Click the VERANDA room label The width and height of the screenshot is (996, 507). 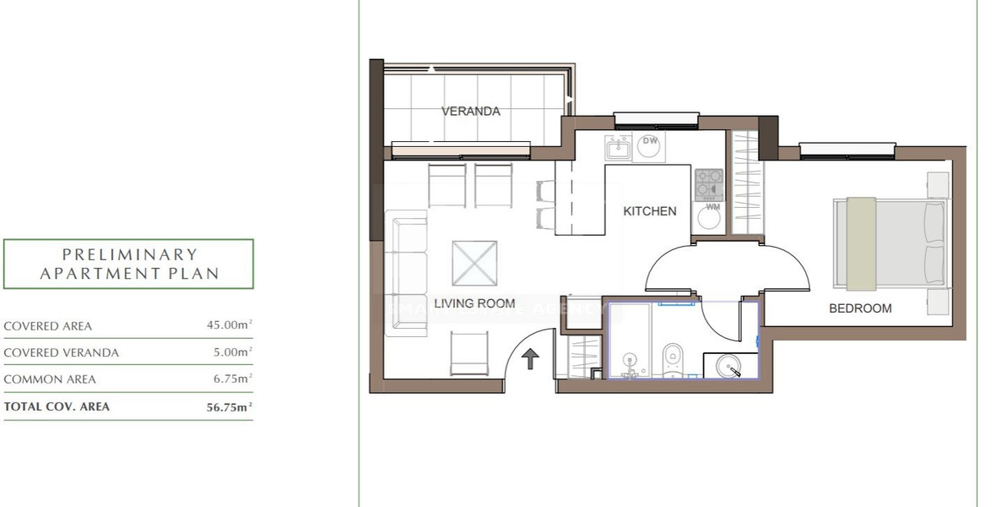471,111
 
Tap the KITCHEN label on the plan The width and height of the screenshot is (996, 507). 649,211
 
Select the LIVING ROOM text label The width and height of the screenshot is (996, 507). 474,303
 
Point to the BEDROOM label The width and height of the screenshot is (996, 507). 860,308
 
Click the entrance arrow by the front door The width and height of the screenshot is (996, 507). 530,360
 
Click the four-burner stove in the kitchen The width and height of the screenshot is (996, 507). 709,183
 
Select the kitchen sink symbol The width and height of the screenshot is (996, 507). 618,148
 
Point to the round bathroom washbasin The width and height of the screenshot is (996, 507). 730,366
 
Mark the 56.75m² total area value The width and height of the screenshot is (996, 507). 230,406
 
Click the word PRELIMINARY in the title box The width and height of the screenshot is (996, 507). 129,254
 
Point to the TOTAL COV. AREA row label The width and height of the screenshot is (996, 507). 57,406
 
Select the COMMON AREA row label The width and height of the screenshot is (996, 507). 50,379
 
